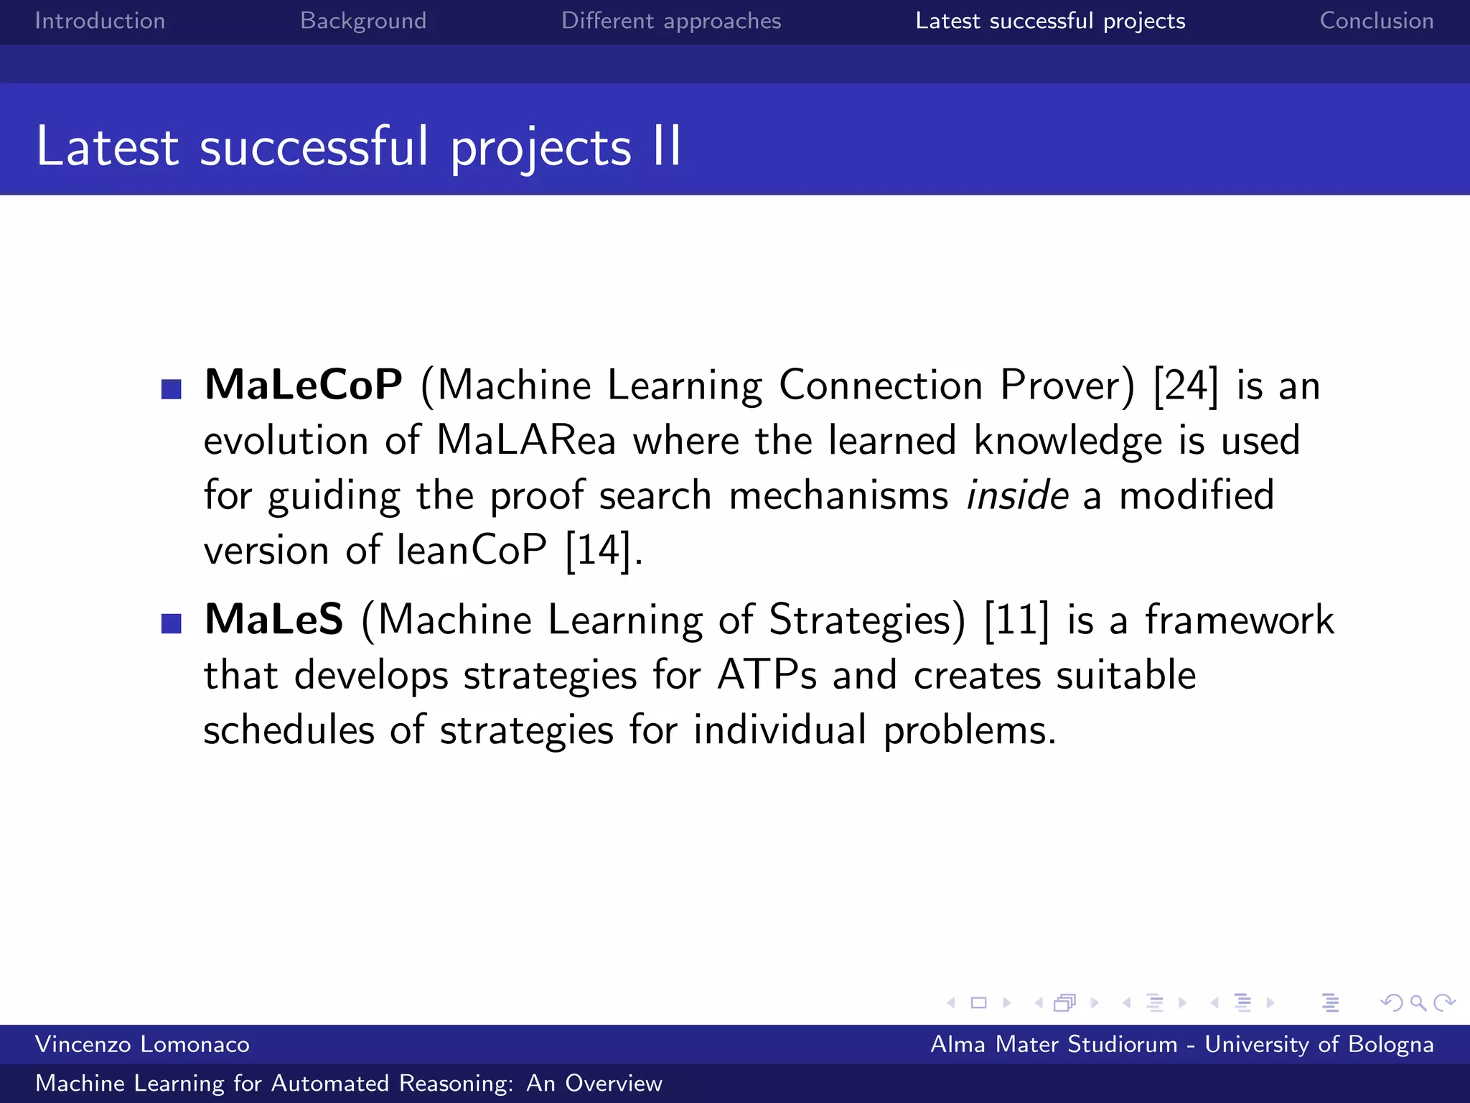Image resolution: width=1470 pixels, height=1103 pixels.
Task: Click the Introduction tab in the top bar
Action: click(x=100, y=21)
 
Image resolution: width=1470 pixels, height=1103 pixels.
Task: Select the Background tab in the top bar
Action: click(x=363, y=21)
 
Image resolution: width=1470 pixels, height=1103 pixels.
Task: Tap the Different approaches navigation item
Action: click(x=670, y=21)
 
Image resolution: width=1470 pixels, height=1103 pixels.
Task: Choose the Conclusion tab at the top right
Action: click(x=1376, y=21)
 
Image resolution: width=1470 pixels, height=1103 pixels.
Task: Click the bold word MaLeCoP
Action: click(x=304, y=385)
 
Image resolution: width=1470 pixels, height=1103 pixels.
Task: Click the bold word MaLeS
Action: click(x=274, y=619)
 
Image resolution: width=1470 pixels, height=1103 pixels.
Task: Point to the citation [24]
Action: click(x=1186, y=386)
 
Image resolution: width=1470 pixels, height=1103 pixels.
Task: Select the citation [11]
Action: click(x=1016, y=620)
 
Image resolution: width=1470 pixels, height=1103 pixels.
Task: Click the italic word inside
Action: click(x=1017, y=495)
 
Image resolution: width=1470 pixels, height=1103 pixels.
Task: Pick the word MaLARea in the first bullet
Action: click(x=526, y=440)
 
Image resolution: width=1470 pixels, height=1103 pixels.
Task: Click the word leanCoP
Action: click(x=472, y=551)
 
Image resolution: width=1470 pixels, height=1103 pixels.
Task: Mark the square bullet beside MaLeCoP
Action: click(x=172, y=389)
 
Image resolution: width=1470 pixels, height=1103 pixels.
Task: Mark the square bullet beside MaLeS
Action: click(x=172, y=623)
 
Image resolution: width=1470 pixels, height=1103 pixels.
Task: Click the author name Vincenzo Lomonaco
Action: click(x=142, y=1044)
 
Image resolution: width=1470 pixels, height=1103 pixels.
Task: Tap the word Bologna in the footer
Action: click(x=1390, y=1044)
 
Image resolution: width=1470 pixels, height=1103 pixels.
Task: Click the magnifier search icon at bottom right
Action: click(x=1418, y=1003)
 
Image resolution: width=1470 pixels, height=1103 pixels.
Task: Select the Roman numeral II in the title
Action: click(x=667, y=146)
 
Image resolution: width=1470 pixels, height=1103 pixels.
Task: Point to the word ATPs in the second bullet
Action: click(x=767, y=675)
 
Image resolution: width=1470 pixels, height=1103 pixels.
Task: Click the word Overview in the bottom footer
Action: click(x=613, y=1083)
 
